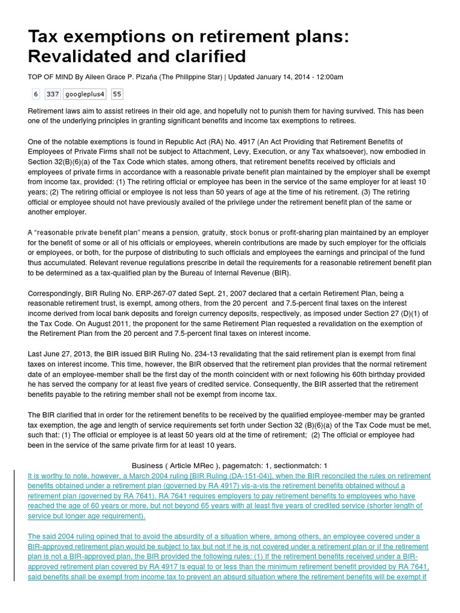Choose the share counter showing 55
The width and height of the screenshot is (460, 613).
click(x=117, y=94)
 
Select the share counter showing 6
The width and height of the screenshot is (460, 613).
click(x=36, y=94)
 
